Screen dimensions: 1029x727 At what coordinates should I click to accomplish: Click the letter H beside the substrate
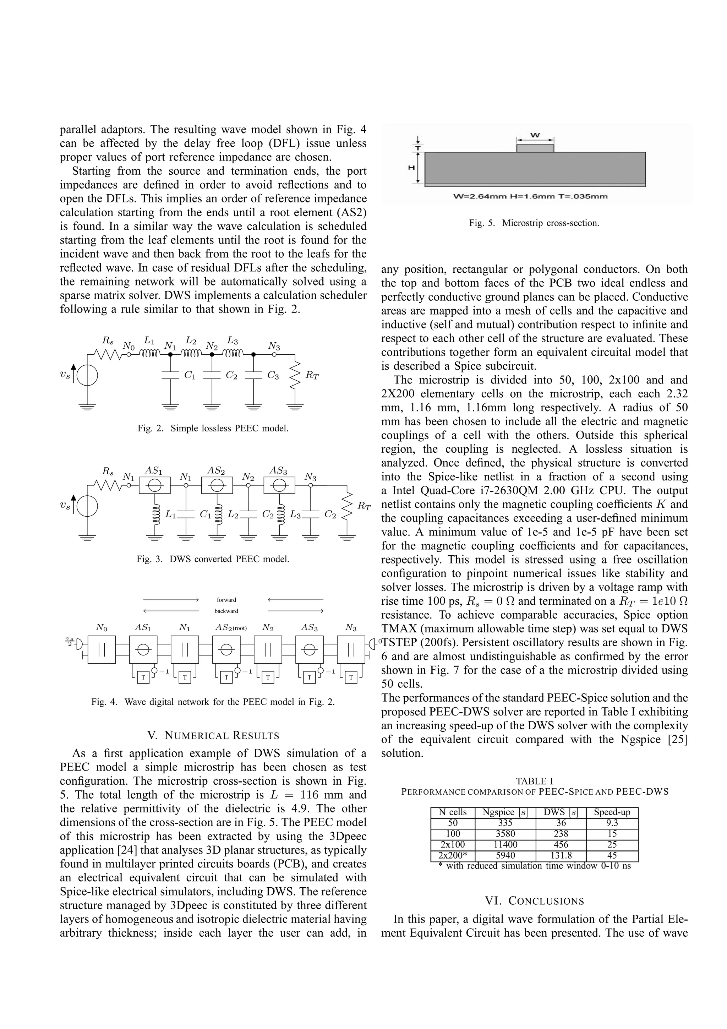click(411, 167)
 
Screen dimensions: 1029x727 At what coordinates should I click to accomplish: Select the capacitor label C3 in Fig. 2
click(273, 376)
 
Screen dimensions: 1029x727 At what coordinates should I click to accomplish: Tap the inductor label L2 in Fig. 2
click(191, 341)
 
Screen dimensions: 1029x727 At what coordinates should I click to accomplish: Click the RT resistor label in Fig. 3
click(364, 506)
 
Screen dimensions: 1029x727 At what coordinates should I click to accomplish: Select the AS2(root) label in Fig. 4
click(231, 628)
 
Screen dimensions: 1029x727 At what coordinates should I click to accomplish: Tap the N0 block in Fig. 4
click(102, 649)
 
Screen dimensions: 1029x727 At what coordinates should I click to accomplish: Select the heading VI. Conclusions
click(534, 901)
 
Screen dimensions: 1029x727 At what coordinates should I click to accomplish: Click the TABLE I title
click(534, 781)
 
